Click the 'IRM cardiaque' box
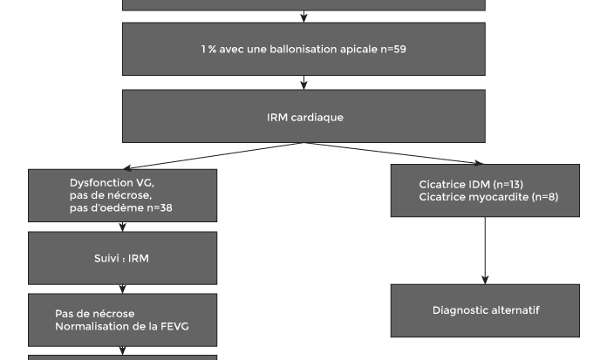303,116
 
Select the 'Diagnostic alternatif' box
485,311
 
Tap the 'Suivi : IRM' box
123,258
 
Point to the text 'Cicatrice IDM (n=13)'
471,184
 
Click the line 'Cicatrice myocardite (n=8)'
488,197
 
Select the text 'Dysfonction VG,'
112,183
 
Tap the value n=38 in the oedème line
160,207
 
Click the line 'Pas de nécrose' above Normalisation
95,314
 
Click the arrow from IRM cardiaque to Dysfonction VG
214,156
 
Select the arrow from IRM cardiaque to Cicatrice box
393,153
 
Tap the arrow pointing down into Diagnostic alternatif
485,250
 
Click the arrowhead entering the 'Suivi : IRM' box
123,228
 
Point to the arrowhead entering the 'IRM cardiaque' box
303,85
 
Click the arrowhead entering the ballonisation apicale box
303,18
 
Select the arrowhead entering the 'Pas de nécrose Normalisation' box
123,289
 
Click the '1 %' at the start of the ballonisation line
208,49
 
